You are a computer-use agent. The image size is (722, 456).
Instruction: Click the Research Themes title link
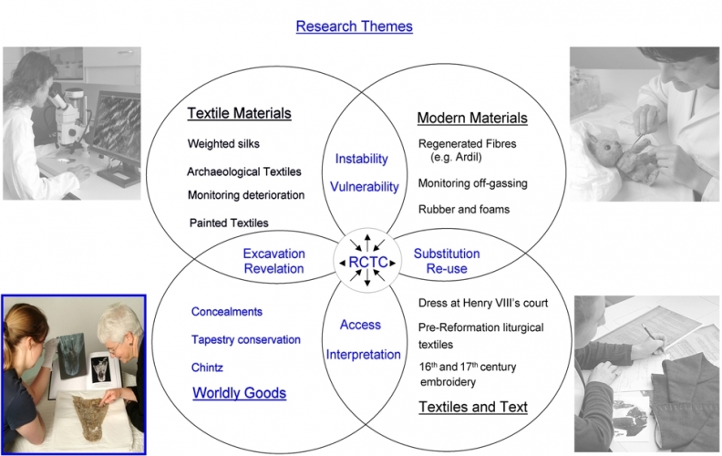click(354, 26)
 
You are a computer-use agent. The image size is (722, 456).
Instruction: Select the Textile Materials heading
click(239, 114)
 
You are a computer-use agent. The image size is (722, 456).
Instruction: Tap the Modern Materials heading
click(471, 119)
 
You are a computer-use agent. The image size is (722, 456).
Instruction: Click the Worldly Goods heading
click(240, 393)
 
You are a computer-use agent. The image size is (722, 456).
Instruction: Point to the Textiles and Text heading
click(472, 407)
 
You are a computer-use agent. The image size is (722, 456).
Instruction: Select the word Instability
click(362, 159)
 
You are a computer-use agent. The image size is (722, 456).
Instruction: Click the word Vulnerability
click(365, 187)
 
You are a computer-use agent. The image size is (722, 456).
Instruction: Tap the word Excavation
click(273, 253)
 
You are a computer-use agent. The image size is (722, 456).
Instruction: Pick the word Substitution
click(446, 253)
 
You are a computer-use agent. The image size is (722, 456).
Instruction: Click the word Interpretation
click(363, 354)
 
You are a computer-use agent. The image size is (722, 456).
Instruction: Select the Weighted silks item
click(224, 144)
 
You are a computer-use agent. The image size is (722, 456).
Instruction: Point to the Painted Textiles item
click(229, 223)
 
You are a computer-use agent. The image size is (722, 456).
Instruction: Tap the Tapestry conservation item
click(245, 339)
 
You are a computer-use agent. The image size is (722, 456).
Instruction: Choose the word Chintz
click(208, 367)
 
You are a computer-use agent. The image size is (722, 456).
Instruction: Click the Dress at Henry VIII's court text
click(482, 302)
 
